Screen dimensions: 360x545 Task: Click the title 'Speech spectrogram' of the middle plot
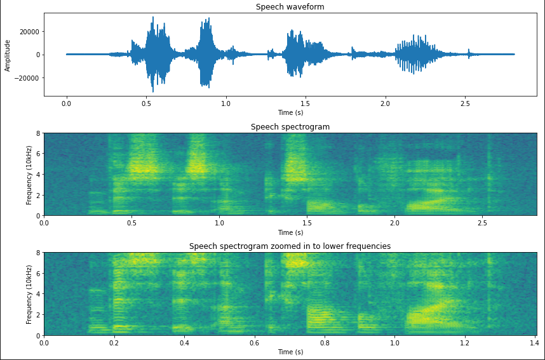click(x=290, y=127)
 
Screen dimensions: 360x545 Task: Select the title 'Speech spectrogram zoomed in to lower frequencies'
click(x=290, y=246)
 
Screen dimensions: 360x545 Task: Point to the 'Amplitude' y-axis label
click(x=8, y=55)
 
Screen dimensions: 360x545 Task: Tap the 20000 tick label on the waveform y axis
click(x=28, y=32)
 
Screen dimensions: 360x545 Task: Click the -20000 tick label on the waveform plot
click(x=26, y=78)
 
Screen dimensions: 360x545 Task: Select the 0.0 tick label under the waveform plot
click(x=66, y=103)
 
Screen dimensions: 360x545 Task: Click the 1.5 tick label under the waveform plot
click(x=306, y=103)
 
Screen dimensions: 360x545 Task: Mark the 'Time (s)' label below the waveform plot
click(x=290, y=112)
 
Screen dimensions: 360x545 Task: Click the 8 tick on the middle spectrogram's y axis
click(x=37, y=133)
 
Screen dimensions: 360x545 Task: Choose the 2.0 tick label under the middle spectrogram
click(x=395, y=222)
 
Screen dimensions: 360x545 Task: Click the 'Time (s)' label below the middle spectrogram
click(x=290, y=232)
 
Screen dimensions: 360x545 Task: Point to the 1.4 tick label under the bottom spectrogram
click(x=535, y=342)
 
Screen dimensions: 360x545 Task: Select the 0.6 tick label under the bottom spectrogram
click(x=254, y=342)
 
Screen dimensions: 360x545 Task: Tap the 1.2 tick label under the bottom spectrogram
click(x=464, y=342)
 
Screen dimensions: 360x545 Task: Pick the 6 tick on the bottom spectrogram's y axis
click(x=37, y=274)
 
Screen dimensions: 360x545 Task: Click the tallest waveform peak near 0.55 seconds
click(x=152, y=18)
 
